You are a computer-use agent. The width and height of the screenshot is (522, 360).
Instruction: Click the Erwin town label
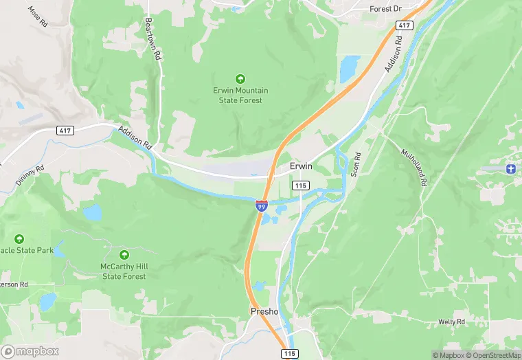point(301,167)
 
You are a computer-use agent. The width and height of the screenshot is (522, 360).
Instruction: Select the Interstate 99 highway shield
point(262,205)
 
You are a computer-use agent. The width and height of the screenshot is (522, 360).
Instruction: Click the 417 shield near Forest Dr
point(404,25)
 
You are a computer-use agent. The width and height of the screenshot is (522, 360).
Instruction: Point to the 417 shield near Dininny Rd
point(65,131)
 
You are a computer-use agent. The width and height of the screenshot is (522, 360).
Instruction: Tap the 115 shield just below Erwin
point(300,185)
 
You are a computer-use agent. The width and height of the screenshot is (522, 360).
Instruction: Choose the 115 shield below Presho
point(291,353)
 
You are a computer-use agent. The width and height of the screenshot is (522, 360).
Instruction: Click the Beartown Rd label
point(152,38)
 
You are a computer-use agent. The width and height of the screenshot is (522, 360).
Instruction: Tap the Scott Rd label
point(356,165)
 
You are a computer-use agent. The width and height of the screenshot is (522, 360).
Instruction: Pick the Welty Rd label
point(452,322)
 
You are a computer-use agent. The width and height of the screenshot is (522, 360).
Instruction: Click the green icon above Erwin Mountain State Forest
point(240,78)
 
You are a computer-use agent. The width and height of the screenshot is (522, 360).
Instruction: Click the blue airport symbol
point(510,168)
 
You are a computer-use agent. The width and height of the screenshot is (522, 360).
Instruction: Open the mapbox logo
point(30,351)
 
